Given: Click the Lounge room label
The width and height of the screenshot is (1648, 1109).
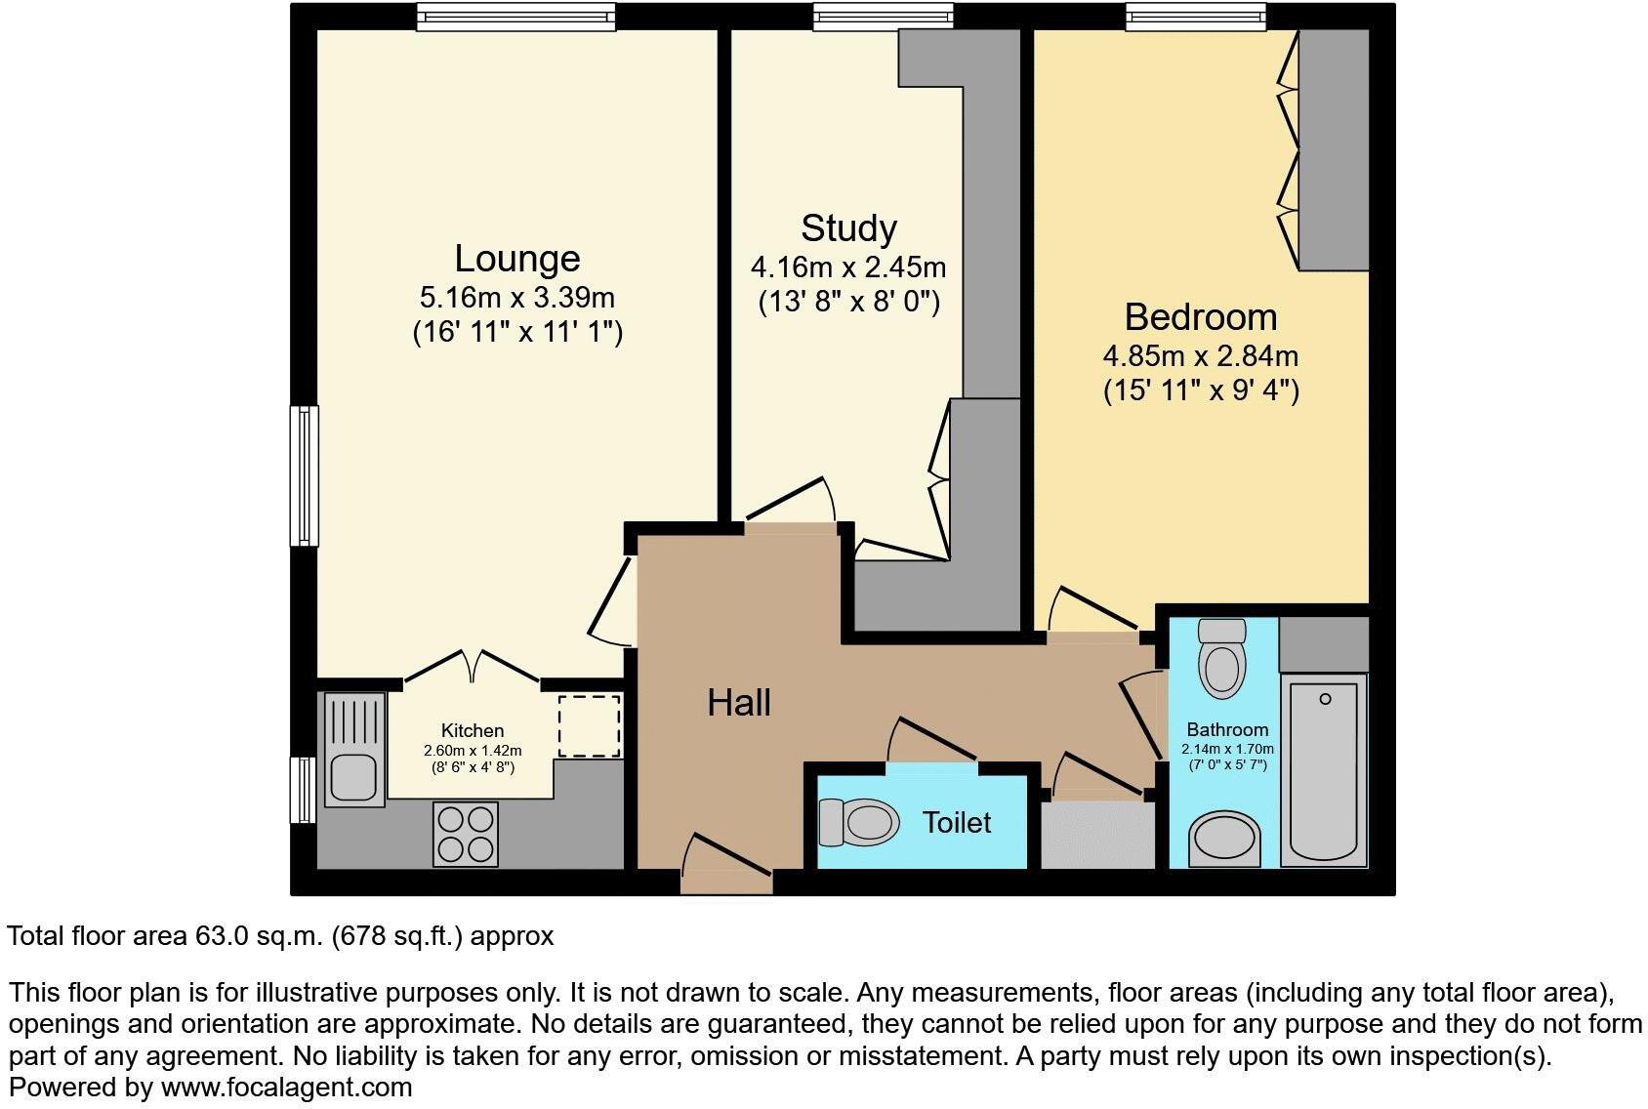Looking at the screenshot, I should pyautogui.click(x=517, y=259).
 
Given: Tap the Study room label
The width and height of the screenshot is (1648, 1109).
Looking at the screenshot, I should pyautogui.click(x=848, y=228).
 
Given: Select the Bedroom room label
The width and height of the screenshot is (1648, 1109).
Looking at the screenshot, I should pyautogui.click(x=1200, y=317).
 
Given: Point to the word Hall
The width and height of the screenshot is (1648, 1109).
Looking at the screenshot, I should pyautogui.click(x=739, y=703).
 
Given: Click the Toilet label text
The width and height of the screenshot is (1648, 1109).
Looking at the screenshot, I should pyautogui.click(x=957, y=823).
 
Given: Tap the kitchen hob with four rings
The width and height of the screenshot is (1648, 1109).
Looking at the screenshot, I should pyautogui.click(x=465, y=834).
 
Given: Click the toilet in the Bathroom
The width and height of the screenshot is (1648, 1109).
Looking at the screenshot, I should pyautogui.click(x=1222, y=658).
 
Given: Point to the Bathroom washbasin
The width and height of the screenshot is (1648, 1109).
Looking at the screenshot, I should pyautogui.click(x=1224, y=840).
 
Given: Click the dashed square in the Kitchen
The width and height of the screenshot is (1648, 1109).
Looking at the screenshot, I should pyautogui.click(x=589, y=725).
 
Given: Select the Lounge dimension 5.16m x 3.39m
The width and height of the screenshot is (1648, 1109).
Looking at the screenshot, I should pyautogui.click(x=517, y=296).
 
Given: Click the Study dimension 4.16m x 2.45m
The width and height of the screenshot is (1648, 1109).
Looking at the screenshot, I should pyautogui.click(x=848, y=267).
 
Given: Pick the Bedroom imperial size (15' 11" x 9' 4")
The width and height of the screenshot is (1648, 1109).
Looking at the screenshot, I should pyautogui.click(x=1201, y=390).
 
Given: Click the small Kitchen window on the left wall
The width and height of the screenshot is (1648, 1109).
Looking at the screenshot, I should pyautogui.click(x=305, y=789).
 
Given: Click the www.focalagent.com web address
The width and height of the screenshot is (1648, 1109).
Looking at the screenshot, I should pyautogui.click(x=286, y=1087).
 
